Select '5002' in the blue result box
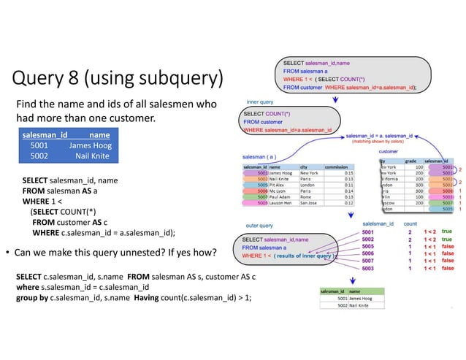point(39,156)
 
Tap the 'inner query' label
point(260,102)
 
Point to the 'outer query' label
point(259,226)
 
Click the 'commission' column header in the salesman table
point(335,166)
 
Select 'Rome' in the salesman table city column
point(305,196)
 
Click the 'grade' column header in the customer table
point(410,161)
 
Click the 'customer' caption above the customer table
point(389,151)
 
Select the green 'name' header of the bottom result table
point(354,290)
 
